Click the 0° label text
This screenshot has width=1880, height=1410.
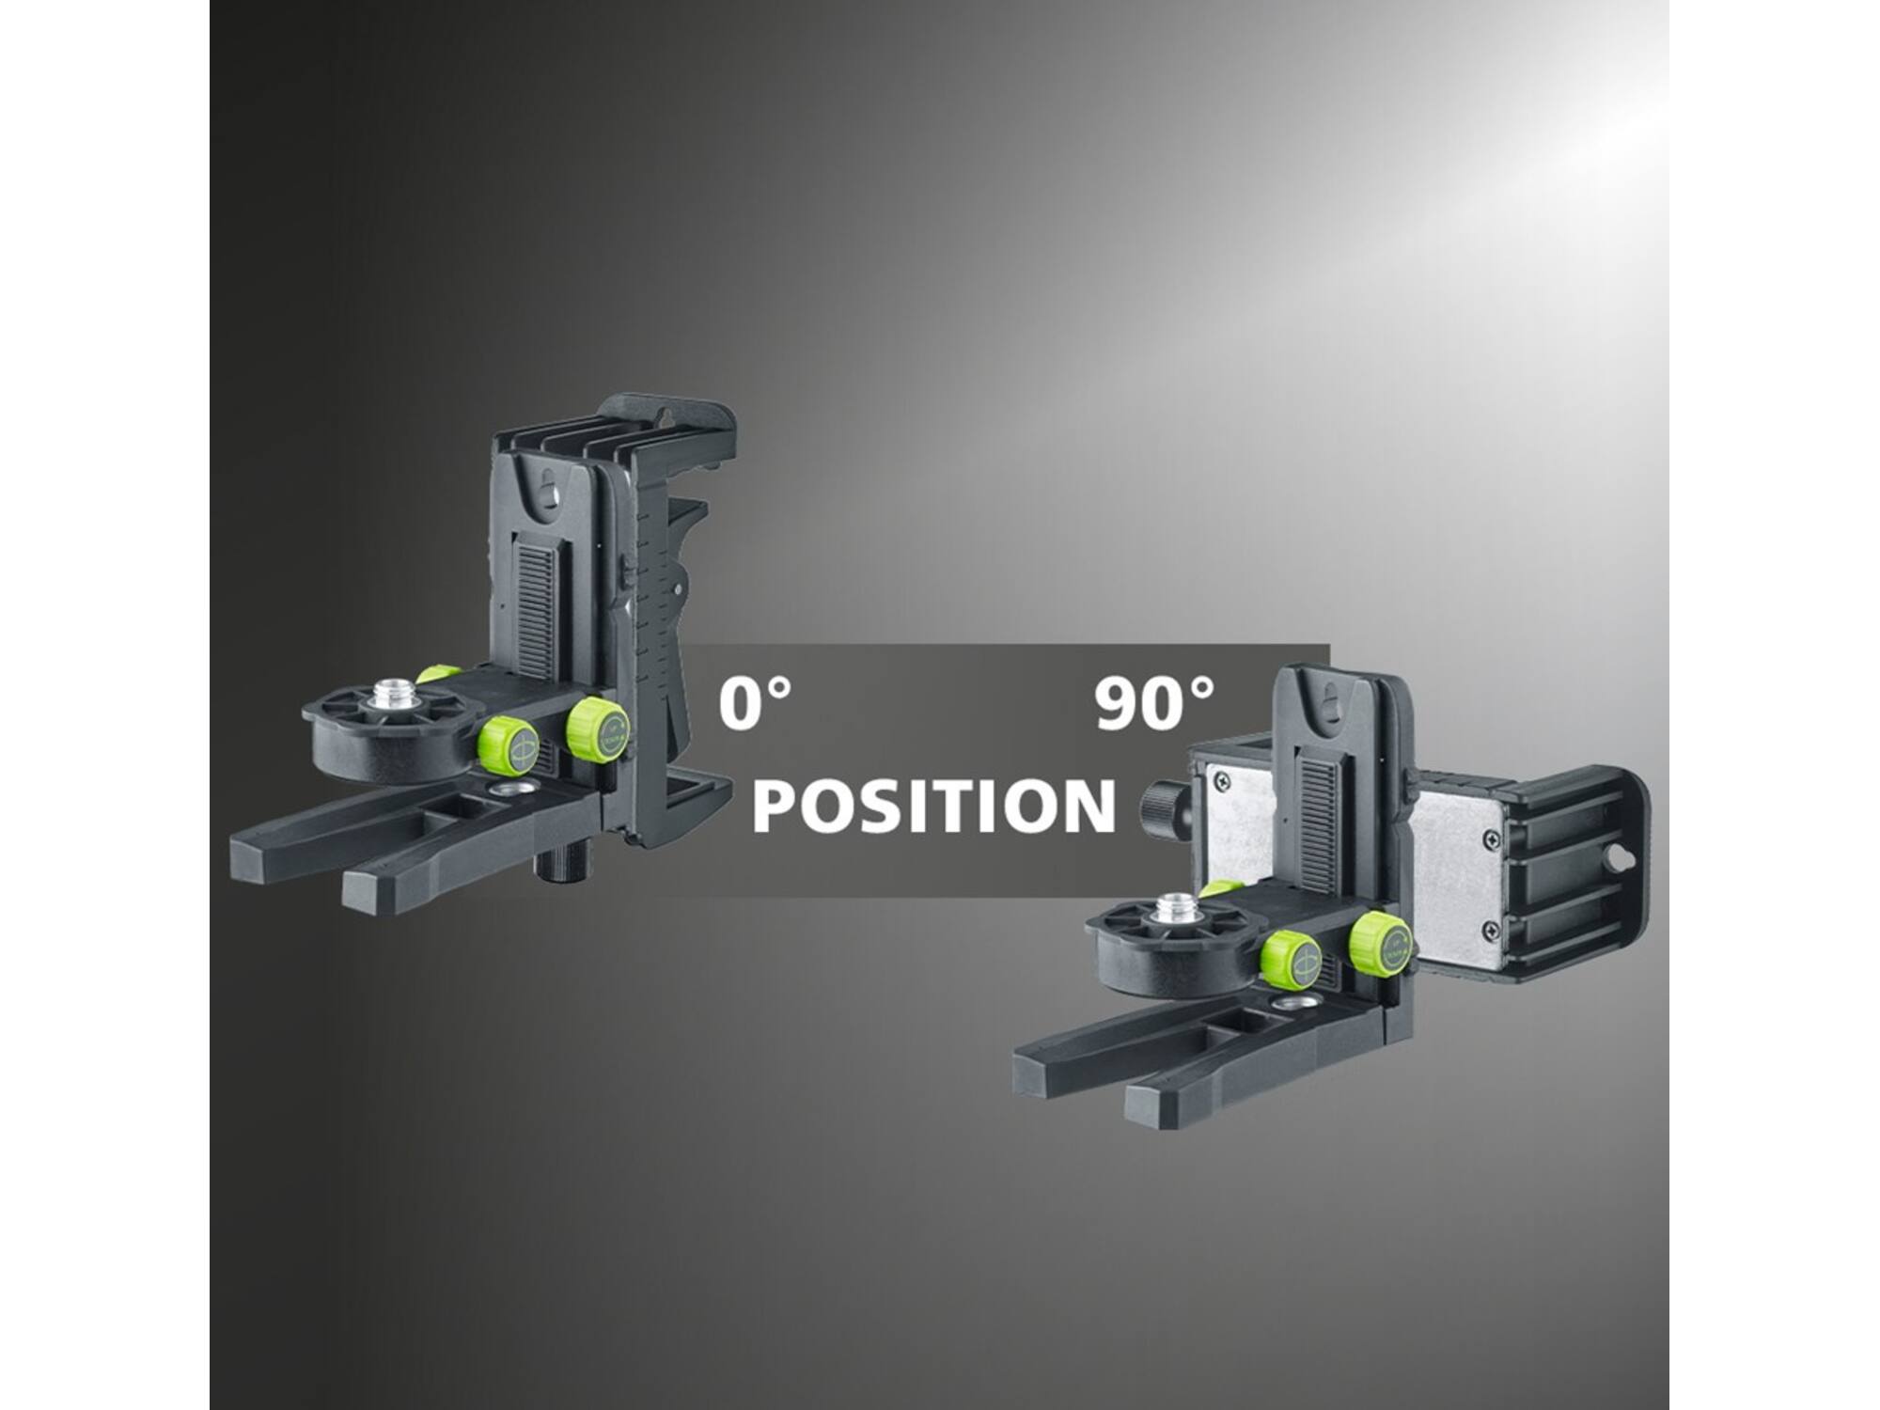click(x=755, y=704)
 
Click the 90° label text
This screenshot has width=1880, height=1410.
click(x=1154, y=704)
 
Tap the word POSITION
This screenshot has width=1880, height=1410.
click(x=933, y=807)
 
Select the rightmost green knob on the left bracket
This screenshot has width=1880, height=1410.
click(x=598, y=728)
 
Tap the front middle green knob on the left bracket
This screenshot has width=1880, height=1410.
click(x=508, y=746)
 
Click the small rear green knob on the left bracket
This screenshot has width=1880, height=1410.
click(x=439, y=673)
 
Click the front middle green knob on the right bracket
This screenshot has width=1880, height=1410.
click(x=1291, y=960)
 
